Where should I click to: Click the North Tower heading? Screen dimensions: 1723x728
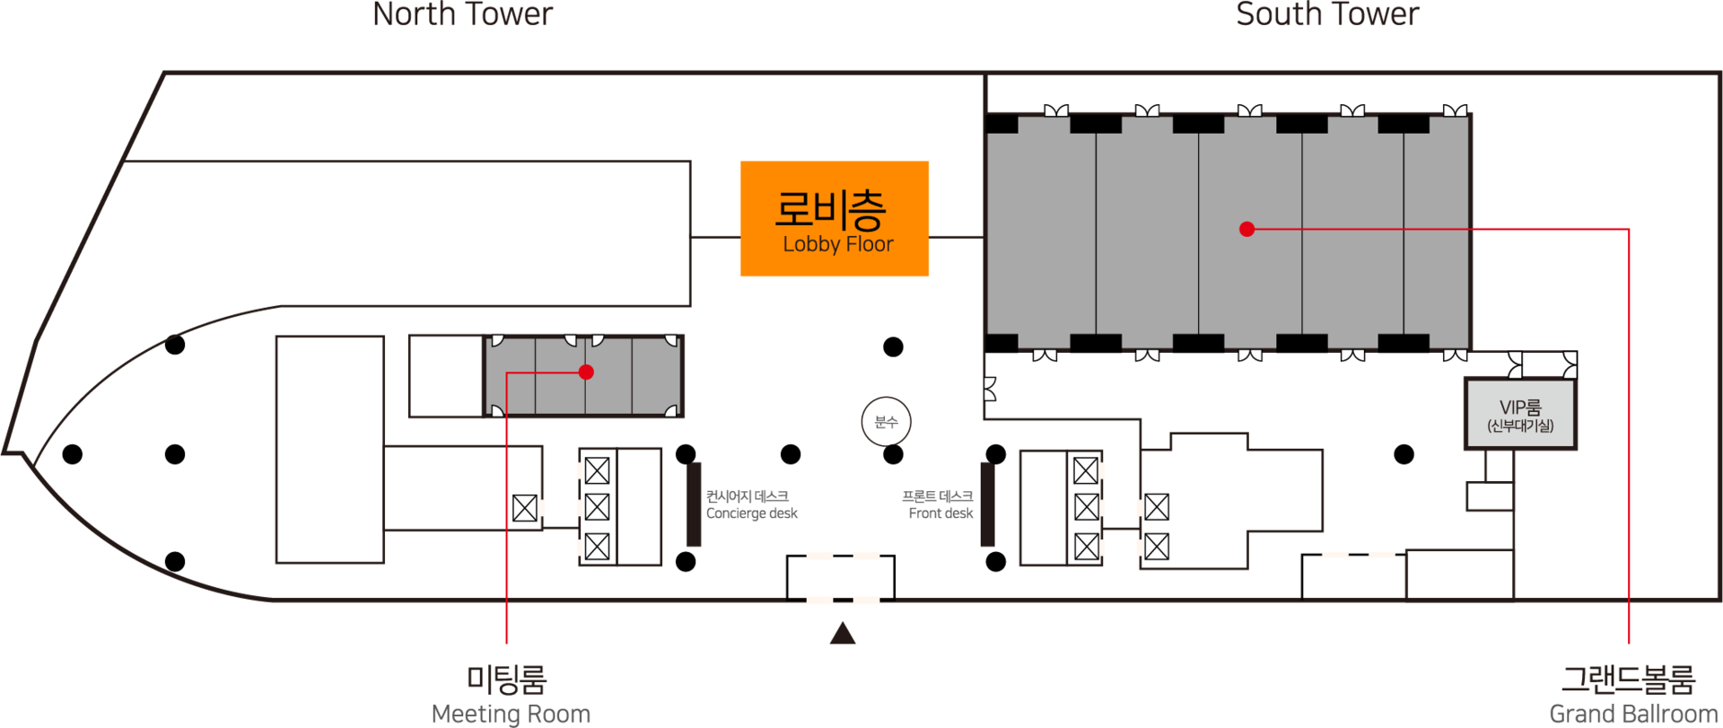pos(462,14)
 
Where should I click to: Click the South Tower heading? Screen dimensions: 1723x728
pos(1327,14)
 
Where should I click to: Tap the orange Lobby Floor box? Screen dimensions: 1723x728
pos(835,218)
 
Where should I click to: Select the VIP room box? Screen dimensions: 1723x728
pos(1520,414)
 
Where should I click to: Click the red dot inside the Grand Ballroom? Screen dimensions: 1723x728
pos(1246,229)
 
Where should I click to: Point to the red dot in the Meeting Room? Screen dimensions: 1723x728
pos(586,372)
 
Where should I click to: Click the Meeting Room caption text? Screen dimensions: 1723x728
pos(511,714)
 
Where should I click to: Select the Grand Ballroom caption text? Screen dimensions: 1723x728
pos(1633,714)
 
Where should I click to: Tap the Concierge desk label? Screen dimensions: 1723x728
pos(751,513)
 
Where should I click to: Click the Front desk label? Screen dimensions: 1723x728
pos(940,513)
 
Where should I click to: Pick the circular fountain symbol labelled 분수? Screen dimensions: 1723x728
pos(886,422)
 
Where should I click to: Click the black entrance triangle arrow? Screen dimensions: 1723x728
pos(842,633)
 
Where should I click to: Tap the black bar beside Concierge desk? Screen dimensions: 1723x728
pos(694,504)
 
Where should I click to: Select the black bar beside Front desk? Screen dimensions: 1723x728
pos(987,504)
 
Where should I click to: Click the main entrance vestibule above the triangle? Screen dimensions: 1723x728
pos(841,577)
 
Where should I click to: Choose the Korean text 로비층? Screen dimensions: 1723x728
pos(830,210)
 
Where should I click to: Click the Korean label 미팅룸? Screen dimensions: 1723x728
pos(506,679)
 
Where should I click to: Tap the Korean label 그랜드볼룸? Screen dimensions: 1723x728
pos(1628,679)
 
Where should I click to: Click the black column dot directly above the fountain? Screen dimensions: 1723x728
pos(893,346)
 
